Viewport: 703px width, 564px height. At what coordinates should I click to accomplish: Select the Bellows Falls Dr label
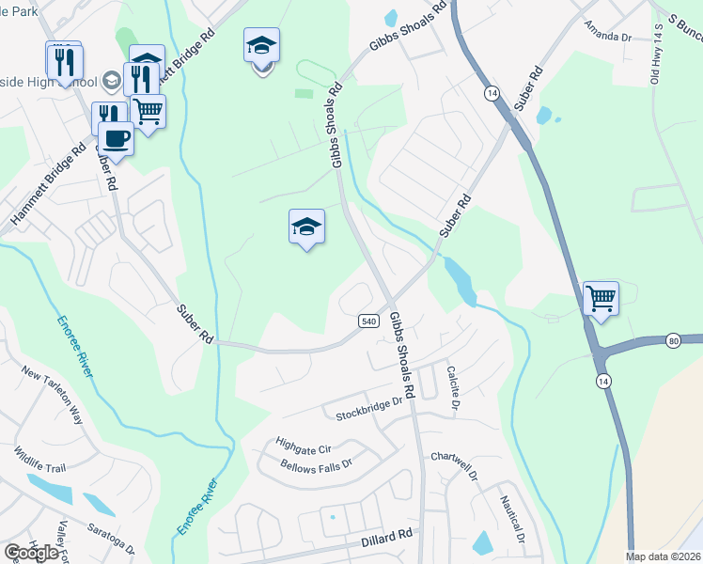coord(316,464)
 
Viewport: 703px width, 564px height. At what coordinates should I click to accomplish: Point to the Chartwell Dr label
coord(455,458)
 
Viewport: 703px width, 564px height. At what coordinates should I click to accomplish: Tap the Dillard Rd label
coord(387,538)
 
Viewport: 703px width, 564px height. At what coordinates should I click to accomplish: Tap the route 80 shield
coord(674,339)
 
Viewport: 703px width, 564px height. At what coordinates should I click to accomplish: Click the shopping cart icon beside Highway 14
coord(601,299)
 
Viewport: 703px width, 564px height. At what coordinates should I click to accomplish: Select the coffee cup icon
coord(117,138)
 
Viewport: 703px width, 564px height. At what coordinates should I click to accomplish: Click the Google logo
coord(31,553)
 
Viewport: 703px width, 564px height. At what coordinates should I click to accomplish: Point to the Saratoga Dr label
coord(111,542)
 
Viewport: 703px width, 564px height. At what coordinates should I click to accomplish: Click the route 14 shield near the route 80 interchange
coord(601,380)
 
